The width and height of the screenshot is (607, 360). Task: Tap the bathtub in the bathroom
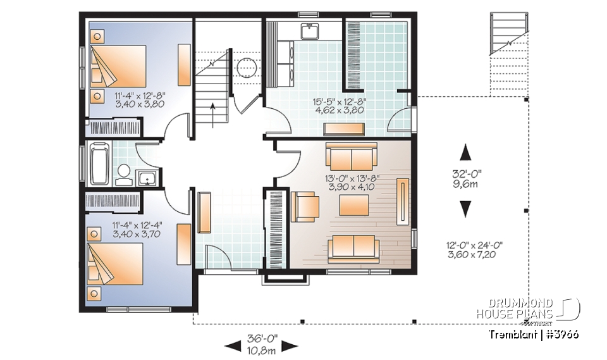point(99,163)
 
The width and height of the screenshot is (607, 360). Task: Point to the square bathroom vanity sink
point(147,178)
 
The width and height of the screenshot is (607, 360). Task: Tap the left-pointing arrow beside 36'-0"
point(233,345)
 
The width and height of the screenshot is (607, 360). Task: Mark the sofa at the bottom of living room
point(353,246)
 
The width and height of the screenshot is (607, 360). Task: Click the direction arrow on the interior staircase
point(213,111)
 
